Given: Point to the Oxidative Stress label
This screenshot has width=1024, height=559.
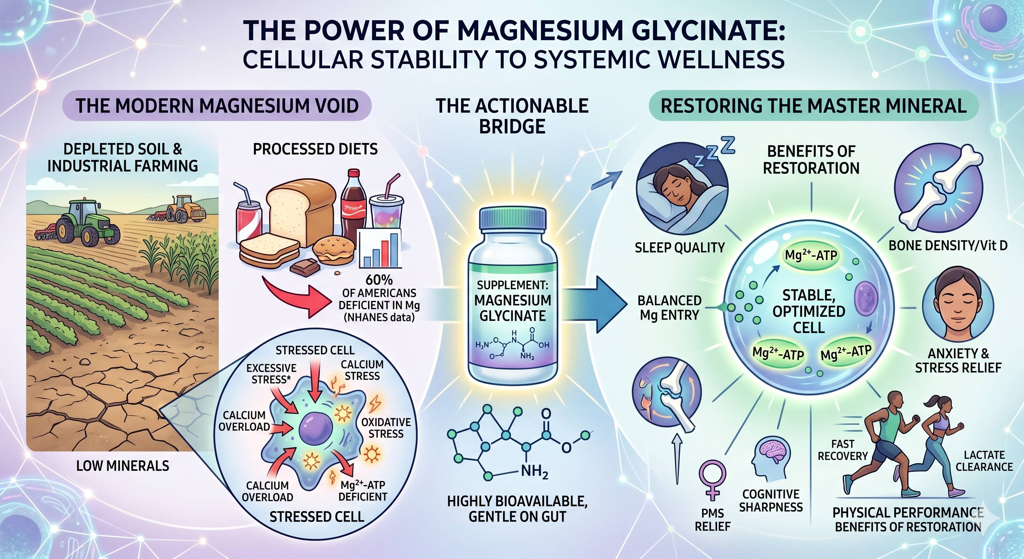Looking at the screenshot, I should [x=385, y=428].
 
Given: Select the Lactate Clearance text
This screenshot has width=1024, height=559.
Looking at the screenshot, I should [x=984, y=460].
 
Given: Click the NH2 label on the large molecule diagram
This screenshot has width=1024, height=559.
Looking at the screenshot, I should [x=535, y=472].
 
